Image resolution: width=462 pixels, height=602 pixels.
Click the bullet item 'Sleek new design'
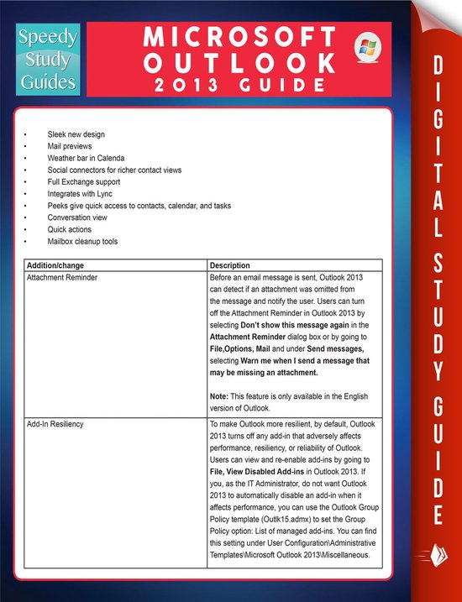[76, 134]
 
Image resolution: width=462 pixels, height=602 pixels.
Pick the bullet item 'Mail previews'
[71, 146]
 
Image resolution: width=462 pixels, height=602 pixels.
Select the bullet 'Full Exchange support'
[83, 181]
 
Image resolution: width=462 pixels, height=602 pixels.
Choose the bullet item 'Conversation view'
[77, 217]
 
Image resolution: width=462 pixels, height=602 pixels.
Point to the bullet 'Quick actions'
[70, 229]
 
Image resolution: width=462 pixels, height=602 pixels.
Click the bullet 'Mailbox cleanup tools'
[82, 242]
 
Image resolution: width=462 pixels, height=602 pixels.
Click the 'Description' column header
[229, 265]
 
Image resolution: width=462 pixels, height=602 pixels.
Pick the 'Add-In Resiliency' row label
[55, 424]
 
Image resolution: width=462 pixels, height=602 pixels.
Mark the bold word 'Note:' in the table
[219, 396]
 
